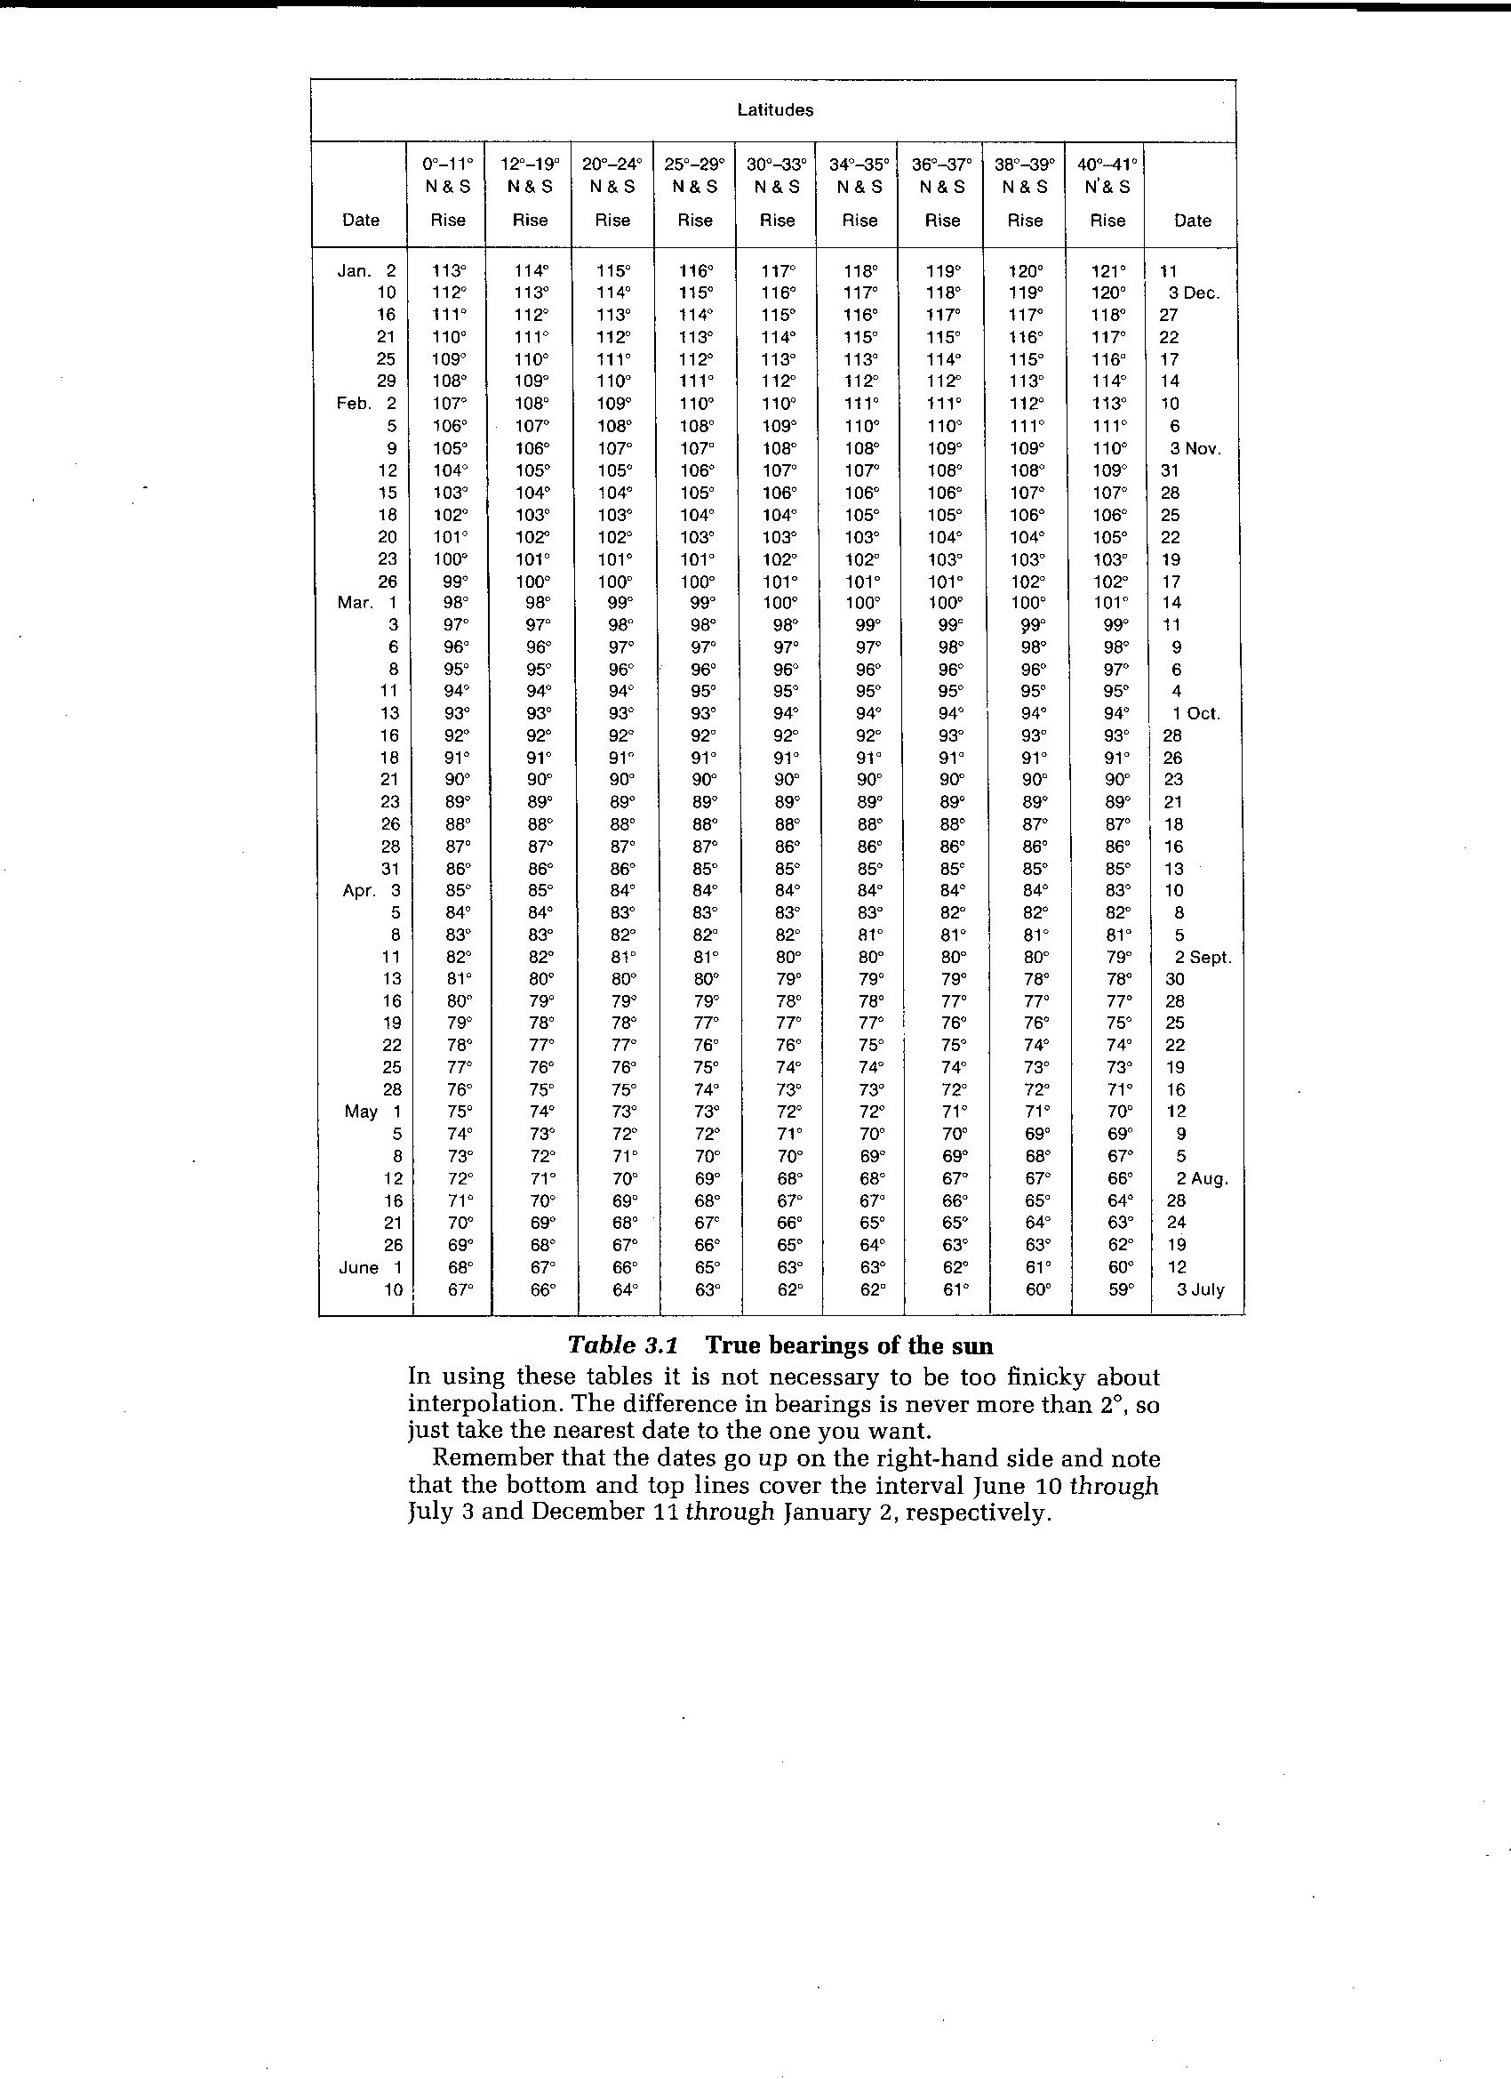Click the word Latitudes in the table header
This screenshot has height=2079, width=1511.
tap(774, 110)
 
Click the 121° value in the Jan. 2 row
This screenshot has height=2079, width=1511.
tap(1108, 271)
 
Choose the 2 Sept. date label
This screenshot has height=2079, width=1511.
tap(1203, 958)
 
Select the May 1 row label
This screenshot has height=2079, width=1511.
tap(373, 1112)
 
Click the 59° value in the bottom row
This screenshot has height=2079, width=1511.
tap(1108, 1290)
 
